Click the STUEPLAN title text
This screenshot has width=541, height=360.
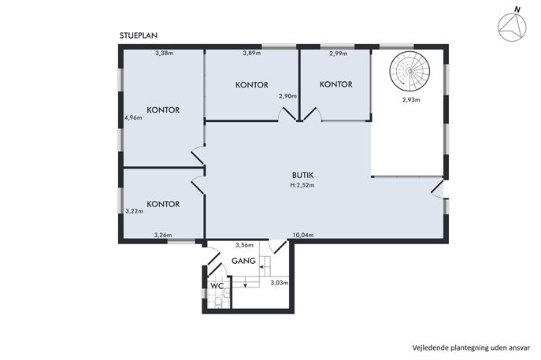coord(139,35)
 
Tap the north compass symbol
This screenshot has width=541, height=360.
coord(512,26)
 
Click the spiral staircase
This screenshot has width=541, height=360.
coord(409,71)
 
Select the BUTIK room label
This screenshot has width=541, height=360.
coord(302,176)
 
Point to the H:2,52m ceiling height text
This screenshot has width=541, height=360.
coord(302,185)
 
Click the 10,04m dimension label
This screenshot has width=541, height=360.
coord(303,236)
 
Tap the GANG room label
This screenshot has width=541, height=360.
coord(243,261)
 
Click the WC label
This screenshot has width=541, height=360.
coord(217,286)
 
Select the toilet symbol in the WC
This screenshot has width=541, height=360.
coord(218,302)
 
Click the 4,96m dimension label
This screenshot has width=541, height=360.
coord(133,117)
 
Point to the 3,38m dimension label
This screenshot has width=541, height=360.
coord(165,53)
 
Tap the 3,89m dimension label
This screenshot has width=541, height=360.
coord(252,53)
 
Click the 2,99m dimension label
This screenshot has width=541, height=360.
coord(339,54)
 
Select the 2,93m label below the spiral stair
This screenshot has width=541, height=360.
coord(411,100)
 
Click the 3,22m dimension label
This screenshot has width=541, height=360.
coord(134,211)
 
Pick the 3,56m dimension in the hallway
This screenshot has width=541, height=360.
coord(244,245)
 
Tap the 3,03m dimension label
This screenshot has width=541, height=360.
coord(279,283)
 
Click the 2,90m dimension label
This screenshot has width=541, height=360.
coord(287,96)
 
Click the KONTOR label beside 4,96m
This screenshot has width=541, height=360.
coord(163,110)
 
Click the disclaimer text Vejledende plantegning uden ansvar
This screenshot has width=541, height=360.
coord(471,347)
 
